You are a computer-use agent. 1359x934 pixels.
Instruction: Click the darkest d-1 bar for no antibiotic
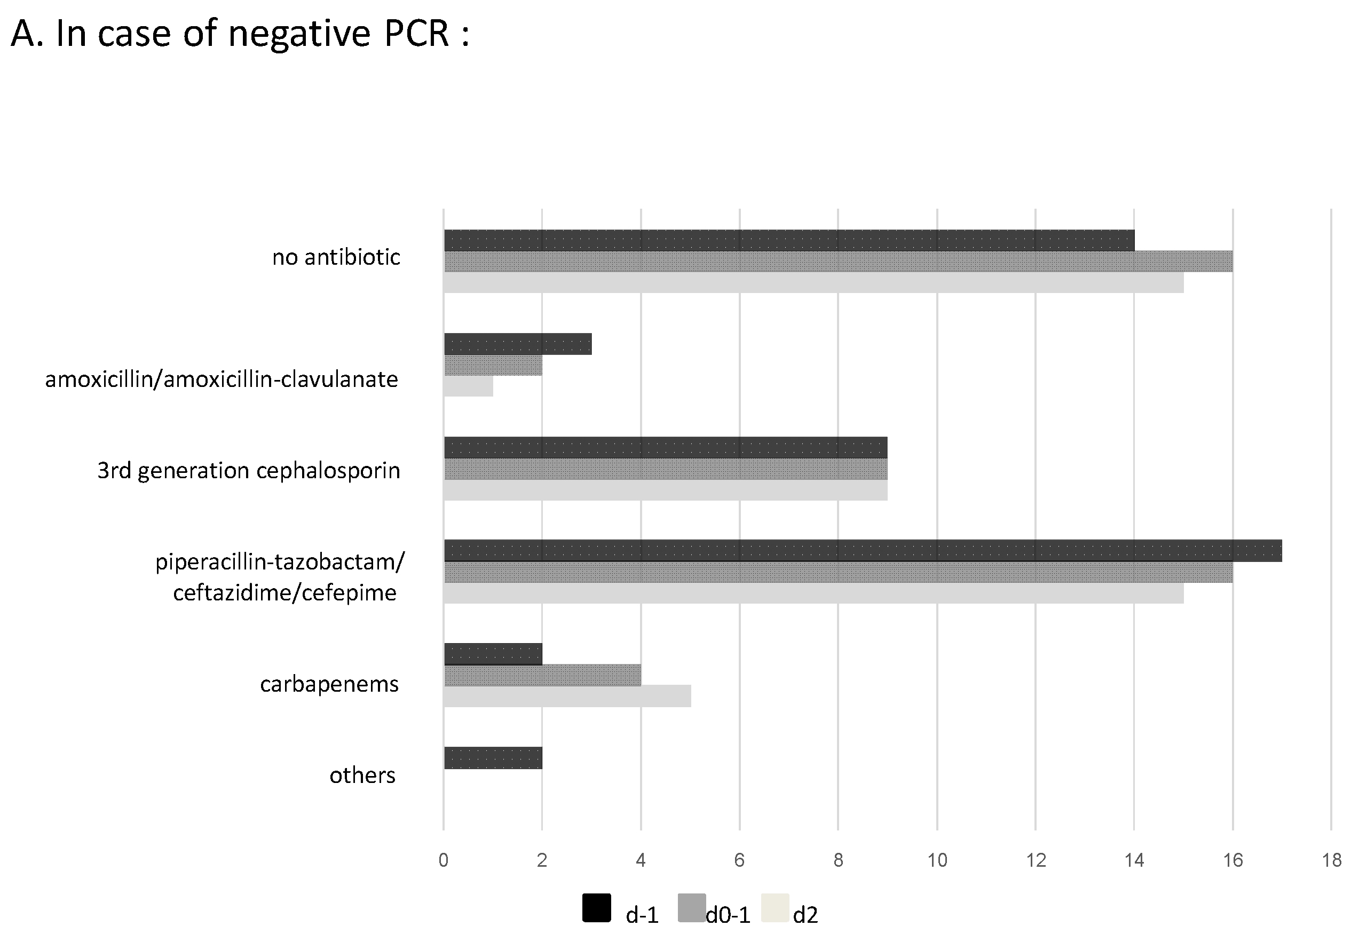pyautogui.click(x=788, y=241)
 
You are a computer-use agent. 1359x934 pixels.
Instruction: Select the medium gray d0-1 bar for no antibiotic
pyautogui.click(x=837, y=262)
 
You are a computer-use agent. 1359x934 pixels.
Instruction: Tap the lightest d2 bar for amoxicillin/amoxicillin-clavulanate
pyautogui.click(x=468, y=386)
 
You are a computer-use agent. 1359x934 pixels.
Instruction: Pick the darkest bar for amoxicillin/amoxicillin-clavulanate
pyautogui.click(x=517, y=344)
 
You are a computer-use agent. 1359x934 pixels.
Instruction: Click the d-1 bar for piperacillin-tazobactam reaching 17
pyautogui.click(x=863, y=551)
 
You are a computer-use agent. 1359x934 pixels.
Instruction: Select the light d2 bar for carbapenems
pyautogui.click(x=567, y=696)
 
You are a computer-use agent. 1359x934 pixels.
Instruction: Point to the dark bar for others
pyautogui.click(x=493, y=758)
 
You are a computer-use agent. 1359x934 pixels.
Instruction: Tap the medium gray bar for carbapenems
pyautogui.click(x=542, y=675)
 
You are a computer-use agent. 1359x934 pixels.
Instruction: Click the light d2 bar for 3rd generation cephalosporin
pyautogui.click(x=666, y=490)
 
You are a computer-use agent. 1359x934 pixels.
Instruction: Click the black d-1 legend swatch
pyautogui.click(x=596, y=908)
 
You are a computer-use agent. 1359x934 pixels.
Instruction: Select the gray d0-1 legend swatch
pyautogui.click(x=691, y=908)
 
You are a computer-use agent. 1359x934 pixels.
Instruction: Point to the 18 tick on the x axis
pyautogui.click(x=1331, y=860)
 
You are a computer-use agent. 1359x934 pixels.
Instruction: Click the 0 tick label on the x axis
pyautogui.click(x=443, y=860)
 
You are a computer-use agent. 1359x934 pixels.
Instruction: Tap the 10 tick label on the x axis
pyautogui.click(x=937, y=860)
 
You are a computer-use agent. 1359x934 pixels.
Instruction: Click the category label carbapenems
pyautogui.click(x=329, y=684)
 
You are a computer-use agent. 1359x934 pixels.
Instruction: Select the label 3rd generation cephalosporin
pyautogui.click(x=248, y=470)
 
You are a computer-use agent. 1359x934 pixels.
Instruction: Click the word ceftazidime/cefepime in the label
pyautogui.click(x=285, y=593)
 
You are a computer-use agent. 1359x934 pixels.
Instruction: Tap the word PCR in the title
pyautogui.click(x=416, y=33)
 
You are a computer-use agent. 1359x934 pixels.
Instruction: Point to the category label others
pyautogui.click(x=362, y=775)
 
